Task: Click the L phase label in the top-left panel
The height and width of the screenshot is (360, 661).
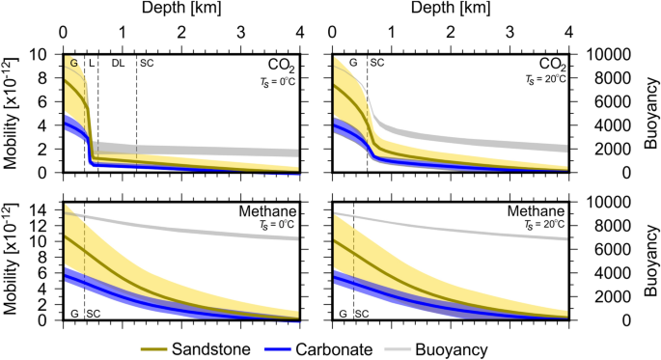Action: click(92, 63)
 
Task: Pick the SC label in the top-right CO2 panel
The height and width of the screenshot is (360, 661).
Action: click(377, 63)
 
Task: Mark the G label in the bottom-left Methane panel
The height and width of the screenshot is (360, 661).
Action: click(74, 313)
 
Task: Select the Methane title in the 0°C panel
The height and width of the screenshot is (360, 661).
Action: click(266, 211)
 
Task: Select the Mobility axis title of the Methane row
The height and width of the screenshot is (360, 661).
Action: click(14, 260)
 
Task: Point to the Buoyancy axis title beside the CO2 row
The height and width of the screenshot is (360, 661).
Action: click(649, 113)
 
